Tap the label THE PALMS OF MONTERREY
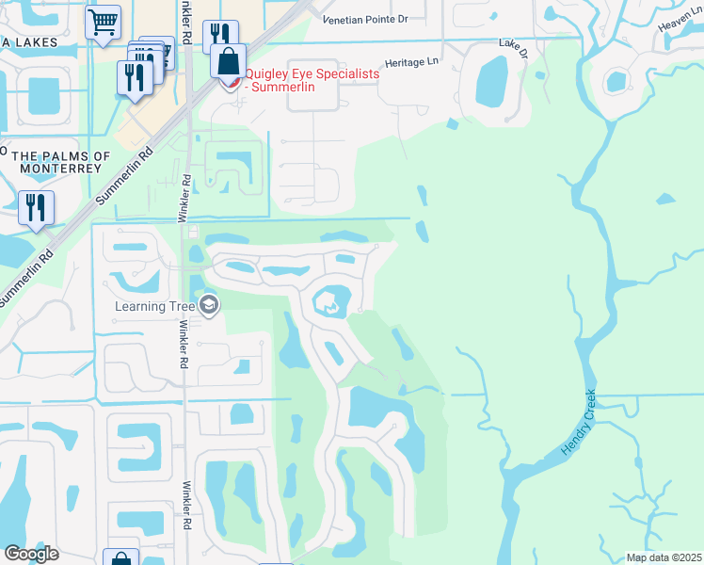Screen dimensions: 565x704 [56, 162]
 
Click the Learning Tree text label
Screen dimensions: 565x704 [154, 306]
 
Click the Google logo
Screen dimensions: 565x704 [32, 553]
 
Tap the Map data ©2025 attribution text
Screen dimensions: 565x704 [663, 557]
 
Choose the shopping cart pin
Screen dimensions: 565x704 [103, 21]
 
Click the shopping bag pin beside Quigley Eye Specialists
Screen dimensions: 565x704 [228, 63]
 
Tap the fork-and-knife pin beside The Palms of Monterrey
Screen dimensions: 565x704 [36, 207]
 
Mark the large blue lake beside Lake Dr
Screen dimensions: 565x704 [492, 82]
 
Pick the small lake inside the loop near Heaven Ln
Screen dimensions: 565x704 [617, 82]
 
